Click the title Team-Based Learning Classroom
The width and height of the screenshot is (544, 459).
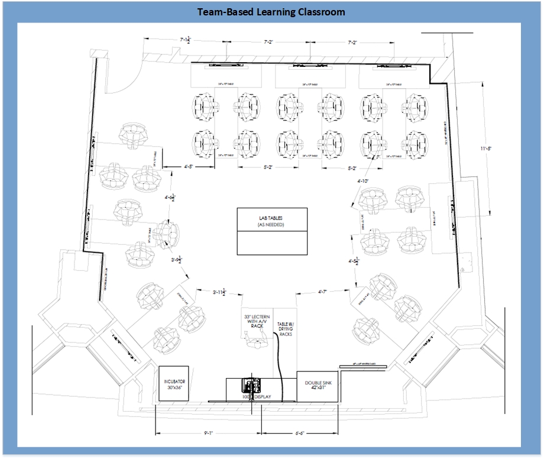(272, 12)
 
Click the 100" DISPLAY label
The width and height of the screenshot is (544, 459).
(255, 397)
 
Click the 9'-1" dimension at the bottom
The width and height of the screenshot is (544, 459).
(208, 433)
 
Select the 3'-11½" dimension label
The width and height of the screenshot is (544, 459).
(219, 292)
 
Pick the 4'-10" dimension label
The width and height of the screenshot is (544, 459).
(363, 180)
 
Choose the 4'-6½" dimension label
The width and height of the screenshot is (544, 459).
(170, 198)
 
